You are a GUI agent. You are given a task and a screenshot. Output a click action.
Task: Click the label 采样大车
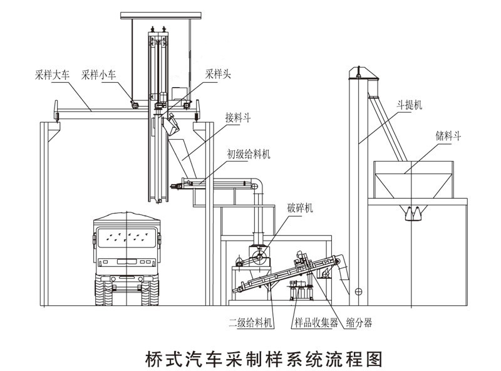[x=53, y=74]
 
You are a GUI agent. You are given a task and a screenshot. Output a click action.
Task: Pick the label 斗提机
[x=410, y=106]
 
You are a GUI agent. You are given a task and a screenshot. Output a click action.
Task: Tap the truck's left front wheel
[x=104, y=293]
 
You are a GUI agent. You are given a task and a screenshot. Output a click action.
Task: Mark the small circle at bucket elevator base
[x=358, y=290]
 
